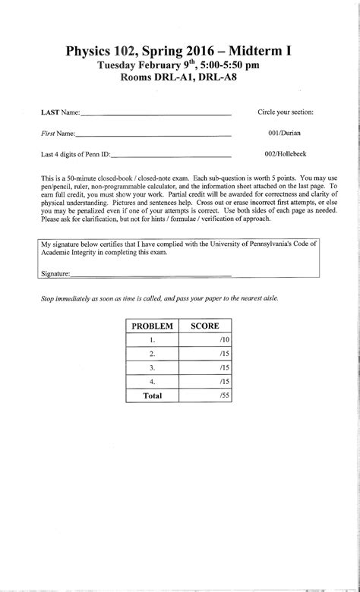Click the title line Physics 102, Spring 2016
178,52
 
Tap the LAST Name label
60,112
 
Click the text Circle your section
286,112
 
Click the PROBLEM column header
152,326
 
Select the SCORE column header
204,326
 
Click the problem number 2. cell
152,354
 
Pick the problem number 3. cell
152,367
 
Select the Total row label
152,395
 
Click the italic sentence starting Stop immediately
159,299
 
